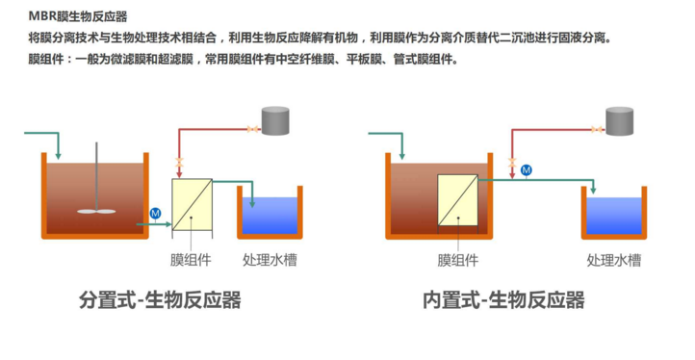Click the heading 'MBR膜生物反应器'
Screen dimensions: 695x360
(78, 16)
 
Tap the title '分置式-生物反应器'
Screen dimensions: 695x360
(160, 300)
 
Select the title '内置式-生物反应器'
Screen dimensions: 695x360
(503, 300)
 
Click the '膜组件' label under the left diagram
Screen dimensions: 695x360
(191, 260)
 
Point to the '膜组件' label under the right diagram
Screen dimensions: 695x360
(458, 260)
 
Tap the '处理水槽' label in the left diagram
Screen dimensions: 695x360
(270, 260)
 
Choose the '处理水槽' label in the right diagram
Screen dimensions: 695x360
(614, 260)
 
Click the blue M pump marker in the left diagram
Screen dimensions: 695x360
(155, 214)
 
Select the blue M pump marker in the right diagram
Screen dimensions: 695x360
(527, 169)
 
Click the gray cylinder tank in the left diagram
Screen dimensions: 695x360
(275, 120)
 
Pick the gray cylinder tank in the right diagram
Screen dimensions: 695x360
(619, 120)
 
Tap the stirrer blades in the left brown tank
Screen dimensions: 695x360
(96, 211)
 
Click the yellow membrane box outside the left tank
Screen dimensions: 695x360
(192, 204)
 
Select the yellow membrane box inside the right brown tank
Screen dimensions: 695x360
(458, 200)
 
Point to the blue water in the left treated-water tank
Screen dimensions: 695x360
(270, 216)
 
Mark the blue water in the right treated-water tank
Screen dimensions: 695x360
(614, 216)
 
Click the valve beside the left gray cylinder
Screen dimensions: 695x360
(253, 129)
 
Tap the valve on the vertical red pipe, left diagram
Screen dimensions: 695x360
(179, 163)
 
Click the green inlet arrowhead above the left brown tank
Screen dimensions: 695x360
(58, 156)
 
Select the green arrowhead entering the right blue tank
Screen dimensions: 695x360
(593, 191)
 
